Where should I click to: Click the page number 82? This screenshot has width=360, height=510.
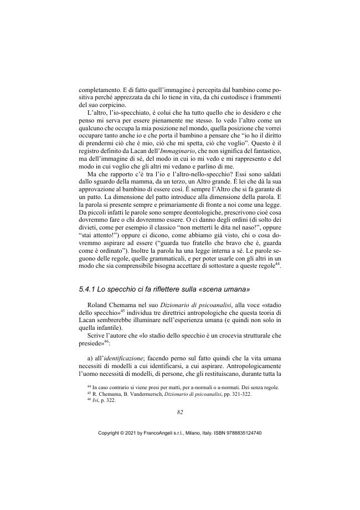pos(180,412)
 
